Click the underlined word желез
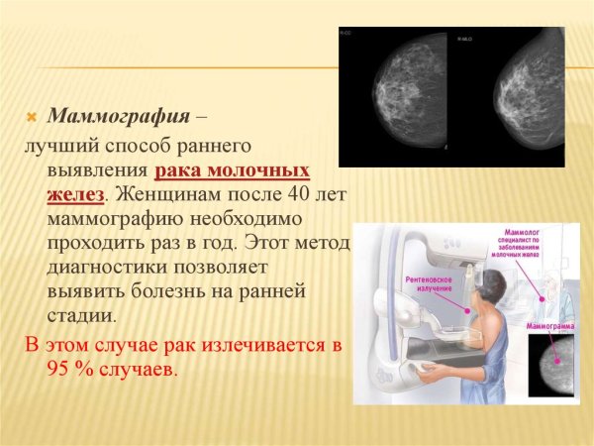75,192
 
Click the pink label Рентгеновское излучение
430,284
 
